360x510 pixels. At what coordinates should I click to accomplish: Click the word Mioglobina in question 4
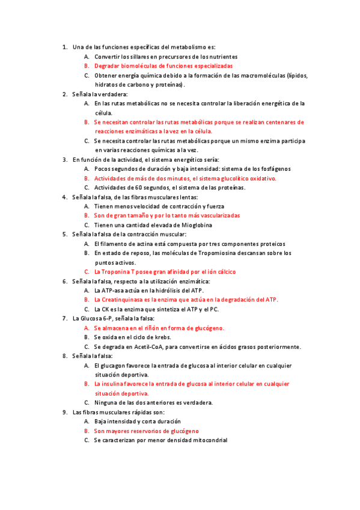pos(179,225)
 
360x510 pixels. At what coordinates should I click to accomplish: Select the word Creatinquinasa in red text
pos(123,299)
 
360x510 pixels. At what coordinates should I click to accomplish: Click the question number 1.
pos(64,47)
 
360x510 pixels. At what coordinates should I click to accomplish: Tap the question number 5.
pos(64,234)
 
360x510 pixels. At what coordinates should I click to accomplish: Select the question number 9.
pos(64,412)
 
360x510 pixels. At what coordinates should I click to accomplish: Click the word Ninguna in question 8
pos(106,402)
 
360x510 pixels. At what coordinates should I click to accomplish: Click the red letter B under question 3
pos(87,179)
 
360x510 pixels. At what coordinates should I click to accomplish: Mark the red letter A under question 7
pos(87,328)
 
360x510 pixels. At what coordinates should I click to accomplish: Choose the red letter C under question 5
pos(87,271)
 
